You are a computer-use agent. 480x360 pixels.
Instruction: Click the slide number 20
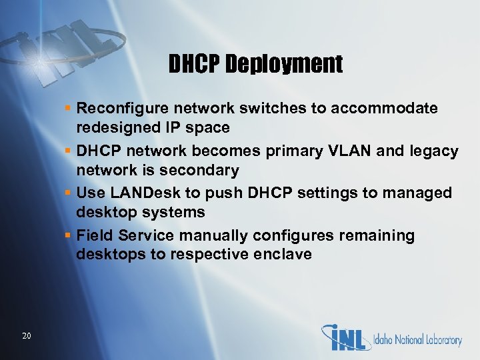click(27, 335)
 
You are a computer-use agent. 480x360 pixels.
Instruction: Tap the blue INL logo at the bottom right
click(347, 337)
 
